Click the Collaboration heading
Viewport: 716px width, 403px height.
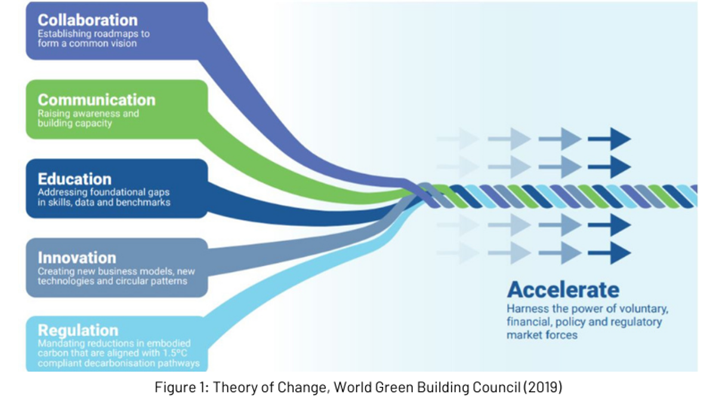click(x=88, y=20)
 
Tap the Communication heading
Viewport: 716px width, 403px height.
click(x=97, y=100)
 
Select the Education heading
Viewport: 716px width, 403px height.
click(x=75, y=179)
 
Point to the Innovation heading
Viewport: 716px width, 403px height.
click(x=77, y=258)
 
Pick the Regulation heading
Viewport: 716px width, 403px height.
click(x=78, y=330)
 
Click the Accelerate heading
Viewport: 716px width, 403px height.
click(x=563, y=290)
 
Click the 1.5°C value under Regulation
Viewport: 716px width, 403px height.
click(x=175, y=353)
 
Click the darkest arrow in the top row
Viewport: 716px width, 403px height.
click(x=609, y=139)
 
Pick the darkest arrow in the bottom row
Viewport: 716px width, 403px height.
click(x=609, y=253)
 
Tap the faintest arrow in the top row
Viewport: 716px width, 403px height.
click(x=458, y=139)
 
